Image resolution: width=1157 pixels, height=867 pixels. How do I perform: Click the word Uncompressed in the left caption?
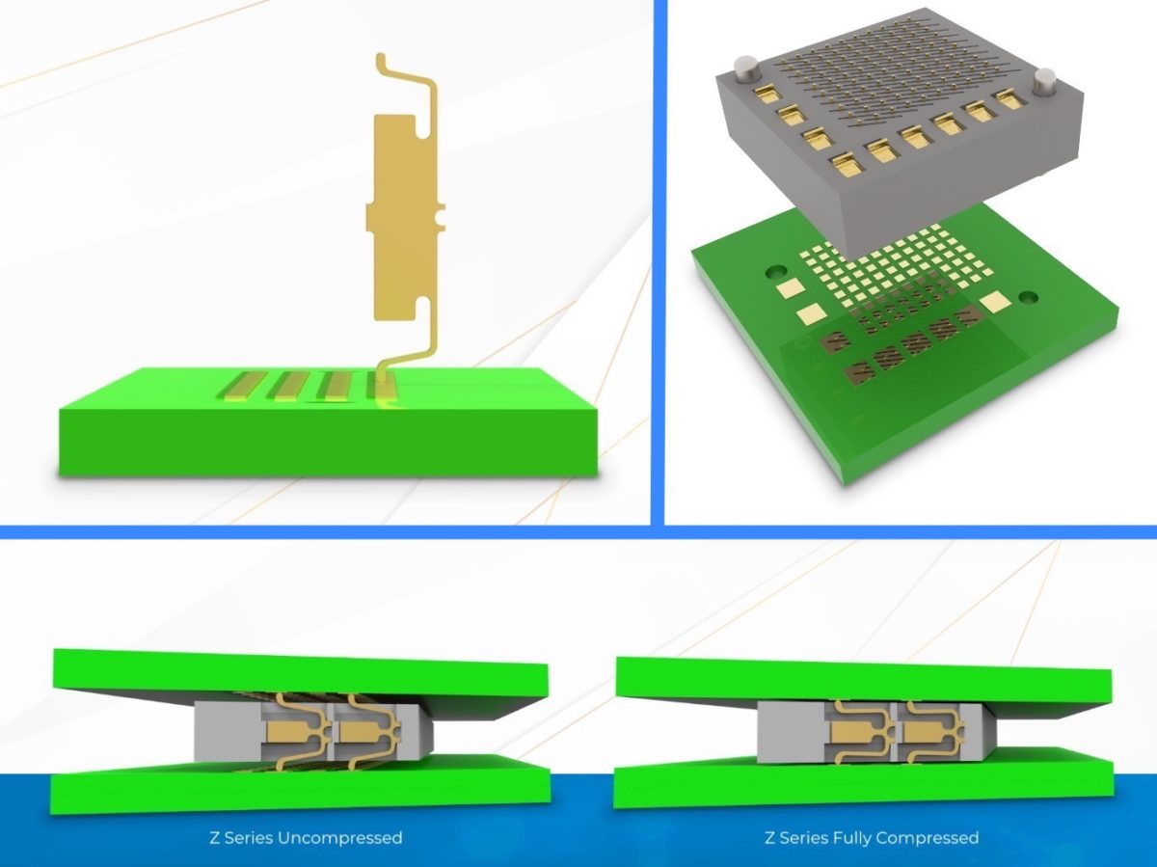339,837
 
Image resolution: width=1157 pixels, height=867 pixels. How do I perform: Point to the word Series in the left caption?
250,837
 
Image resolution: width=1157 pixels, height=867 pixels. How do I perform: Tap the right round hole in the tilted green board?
1026,297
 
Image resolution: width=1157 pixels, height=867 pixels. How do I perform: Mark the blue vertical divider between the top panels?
658,260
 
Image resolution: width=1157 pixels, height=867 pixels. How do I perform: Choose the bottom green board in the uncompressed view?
299,786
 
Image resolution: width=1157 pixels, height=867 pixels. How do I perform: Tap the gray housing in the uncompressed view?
216,731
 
